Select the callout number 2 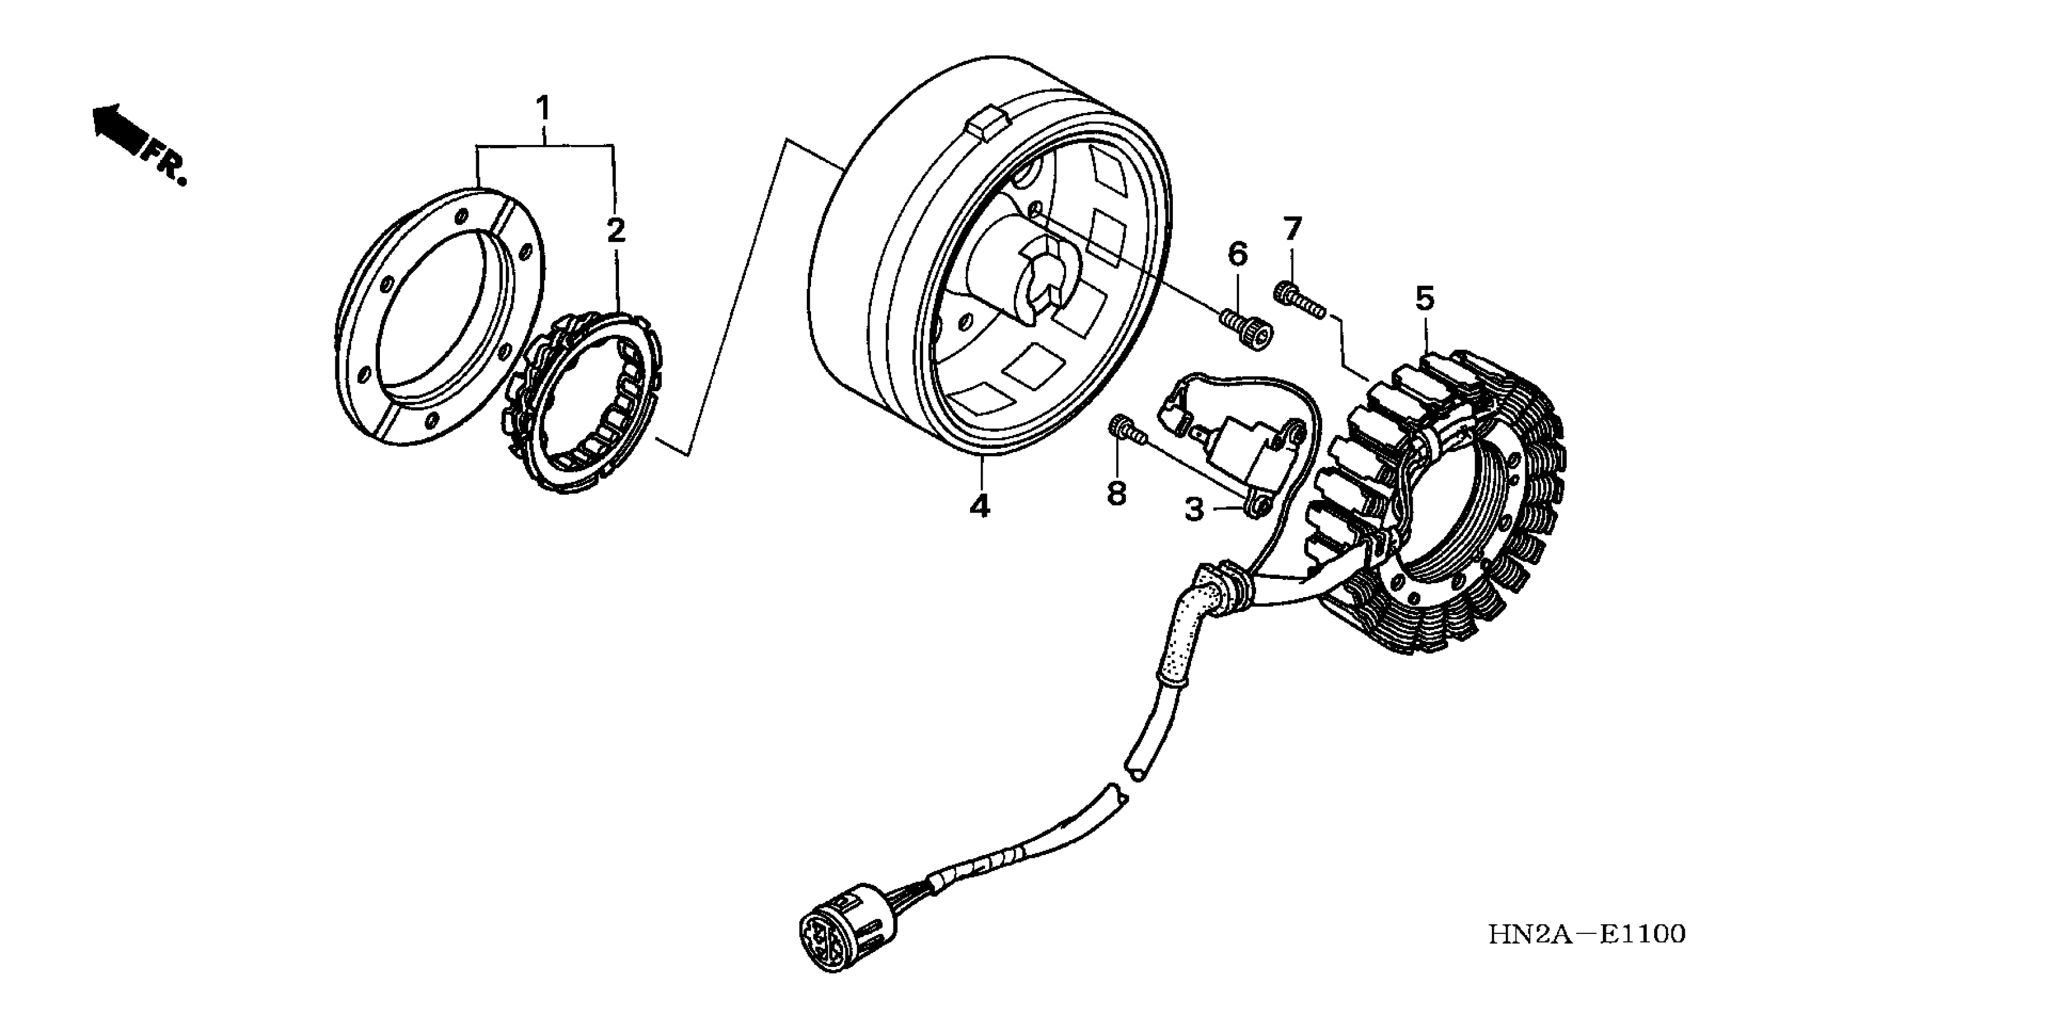coord(615,230)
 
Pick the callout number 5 coord(1424,299)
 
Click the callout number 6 coord(1238,255)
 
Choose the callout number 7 coord(1292,229)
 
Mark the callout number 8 coord(1117,493)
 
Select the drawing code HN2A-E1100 coord(1586,935)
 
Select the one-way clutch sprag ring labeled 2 coord(585,404)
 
